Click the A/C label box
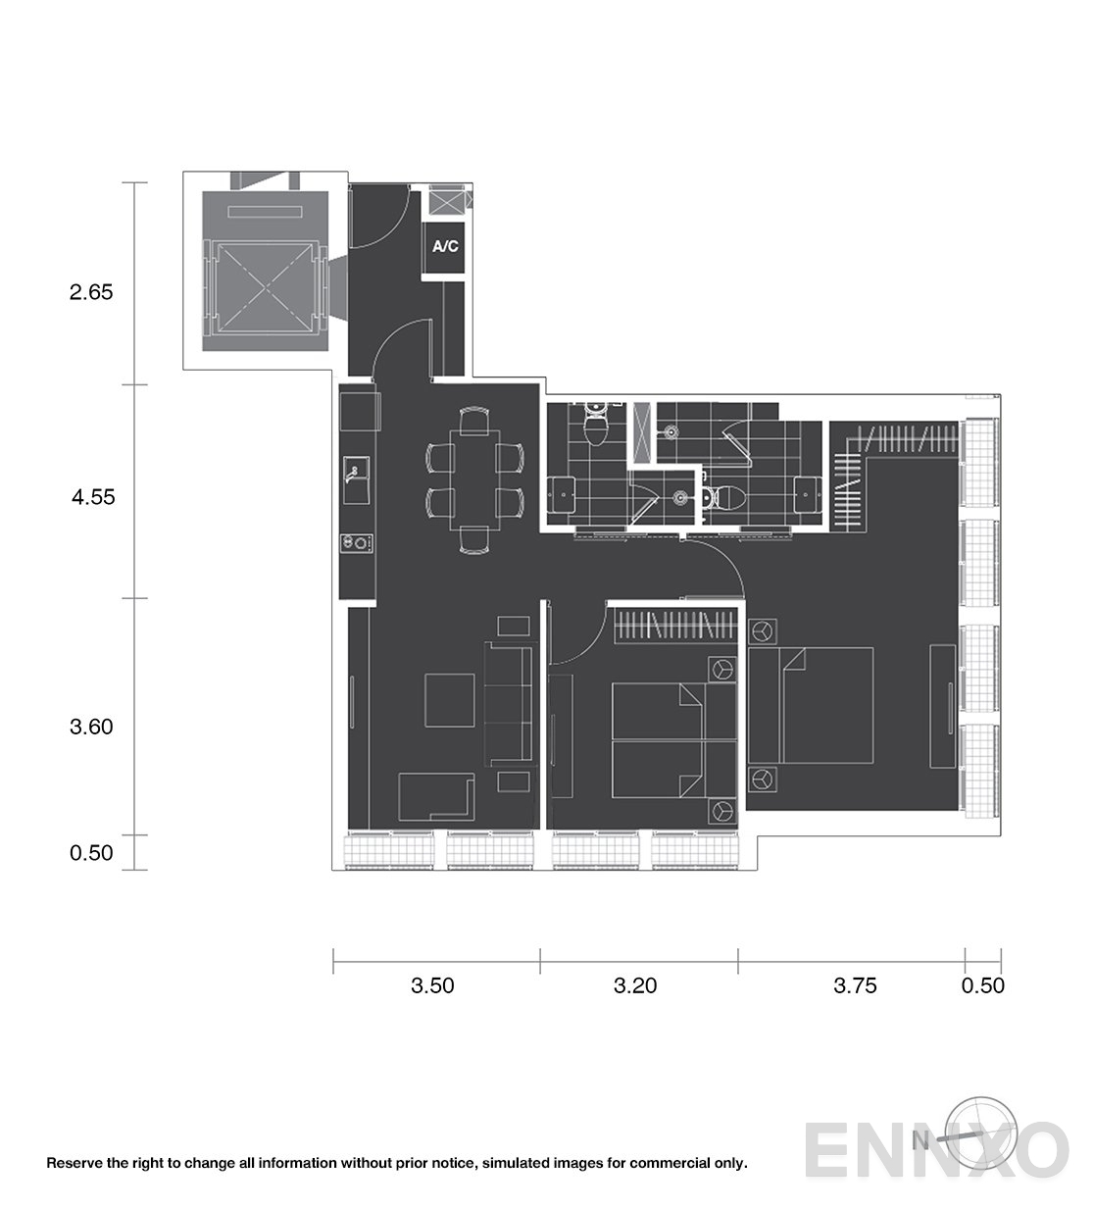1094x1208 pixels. coord(444,247)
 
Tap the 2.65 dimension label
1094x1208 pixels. coord(91,292)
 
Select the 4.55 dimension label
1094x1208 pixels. coord(93,497)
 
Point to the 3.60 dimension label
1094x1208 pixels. coord(91,727)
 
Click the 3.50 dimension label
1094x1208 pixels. coord(432,985)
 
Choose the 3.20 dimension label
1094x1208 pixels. coord(634,985)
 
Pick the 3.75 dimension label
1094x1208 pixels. coord(855,985)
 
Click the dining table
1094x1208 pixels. coord(474,479)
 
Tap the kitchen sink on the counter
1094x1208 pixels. coord(356,479)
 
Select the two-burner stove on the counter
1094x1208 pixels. coord(357,544)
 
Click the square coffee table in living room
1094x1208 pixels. coord(449,700)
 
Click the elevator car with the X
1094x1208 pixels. coord(266,288)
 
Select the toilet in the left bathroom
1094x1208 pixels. coord(597,426)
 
